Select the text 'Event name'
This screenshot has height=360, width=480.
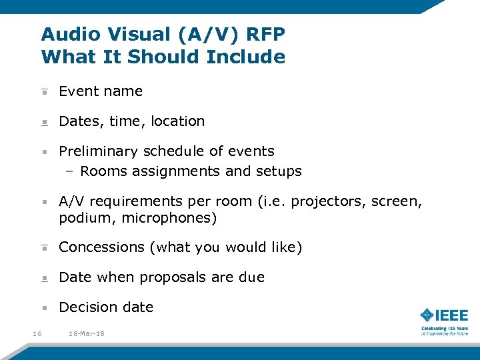pos(101,91)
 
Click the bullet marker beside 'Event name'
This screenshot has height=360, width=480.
pos(44,91)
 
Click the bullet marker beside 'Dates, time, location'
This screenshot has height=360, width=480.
pos(44,122)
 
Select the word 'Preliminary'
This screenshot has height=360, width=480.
pos(99,151)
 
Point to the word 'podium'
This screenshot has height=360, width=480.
pos(82,218)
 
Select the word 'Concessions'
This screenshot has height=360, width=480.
pos(101,247)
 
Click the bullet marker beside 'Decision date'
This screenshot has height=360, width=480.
pos(44,308)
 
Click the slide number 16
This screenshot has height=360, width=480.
pos(37,333)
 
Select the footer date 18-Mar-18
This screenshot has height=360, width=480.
pos(87,333)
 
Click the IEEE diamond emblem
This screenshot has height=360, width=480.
pos(428,315)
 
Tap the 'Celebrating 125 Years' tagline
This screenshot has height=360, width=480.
pos(444,329)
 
